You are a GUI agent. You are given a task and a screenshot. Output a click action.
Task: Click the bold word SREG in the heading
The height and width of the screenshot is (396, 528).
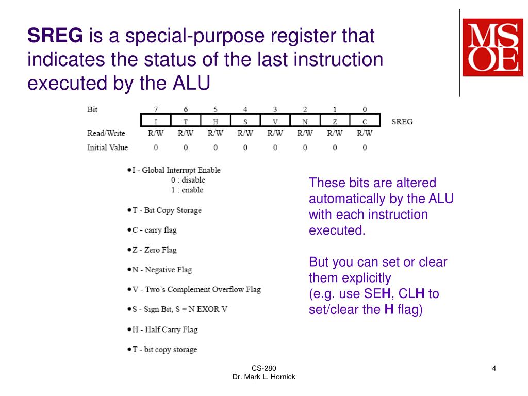coord(55,36)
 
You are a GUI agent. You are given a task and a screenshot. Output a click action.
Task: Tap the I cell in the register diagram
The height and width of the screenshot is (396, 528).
coord(156,122)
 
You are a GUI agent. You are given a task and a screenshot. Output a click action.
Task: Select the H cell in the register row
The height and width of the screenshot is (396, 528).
coord(216,122)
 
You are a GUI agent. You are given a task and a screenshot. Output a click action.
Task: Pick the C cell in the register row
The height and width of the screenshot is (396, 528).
coord(365,122)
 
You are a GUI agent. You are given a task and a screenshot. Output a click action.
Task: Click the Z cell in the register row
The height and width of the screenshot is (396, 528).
coord(335,122)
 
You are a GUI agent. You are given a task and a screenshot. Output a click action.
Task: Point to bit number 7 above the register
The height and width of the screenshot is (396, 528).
coord(156,109)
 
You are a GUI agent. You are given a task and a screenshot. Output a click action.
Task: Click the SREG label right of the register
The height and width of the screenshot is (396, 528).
coord(402,122)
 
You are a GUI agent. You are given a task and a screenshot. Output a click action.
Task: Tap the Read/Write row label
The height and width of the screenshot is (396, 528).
coord(106,134)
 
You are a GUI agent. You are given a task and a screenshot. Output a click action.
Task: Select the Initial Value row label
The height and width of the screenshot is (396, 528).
coord(107,147)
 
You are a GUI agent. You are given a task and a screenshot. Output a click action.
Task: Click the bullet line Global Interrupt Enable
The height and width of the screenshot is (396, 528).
coord(176,170)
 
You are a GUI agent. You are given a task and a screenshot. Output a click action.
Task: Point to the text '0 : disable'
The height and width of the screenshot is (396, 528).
coord(188,180)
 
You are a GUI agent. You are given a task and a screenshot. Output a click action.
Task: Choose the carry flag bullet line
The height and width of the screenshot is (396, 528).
coord(154,230)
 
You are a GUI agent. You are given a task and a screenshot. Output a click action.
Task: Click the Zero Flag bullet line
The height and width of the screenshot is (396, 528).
coord(154,250)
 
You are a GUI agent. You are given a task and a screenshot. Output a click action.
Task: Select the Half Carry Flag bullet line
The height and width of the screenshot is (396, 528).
coord(164,329)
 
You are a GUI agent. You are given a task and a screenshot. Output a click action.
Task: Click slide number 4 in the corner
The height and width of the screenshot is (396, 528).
coord(494,368)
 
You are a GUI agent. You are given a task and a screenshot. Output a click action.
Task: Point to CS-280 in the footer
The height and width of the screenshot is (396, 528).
coord(263,368)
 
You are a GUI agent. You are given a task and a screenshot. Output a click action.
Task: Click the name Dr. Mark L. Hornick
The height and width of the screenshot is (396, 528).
coord(263,377)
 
